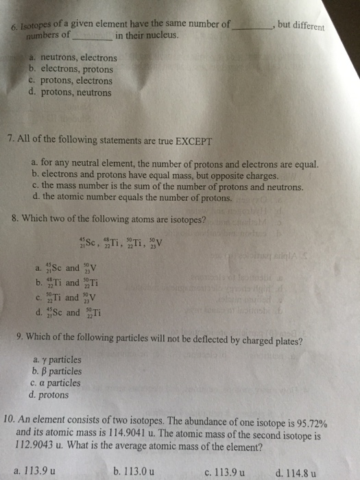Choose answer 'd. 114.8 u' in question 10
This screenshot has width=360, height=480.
(x=295, y=472)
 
